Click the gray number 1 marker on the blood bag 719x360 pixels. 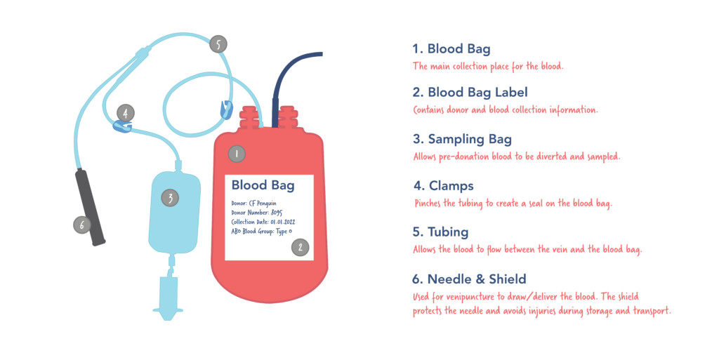(x=237, y=153)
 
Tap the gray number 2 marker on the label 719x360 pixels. (x=300, y=246)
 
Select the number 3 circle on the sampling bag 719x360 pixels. (x=169, y=198)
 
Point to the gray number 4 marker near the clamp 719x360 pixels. (x=125, y=112)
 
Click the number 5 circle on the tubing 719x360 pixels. (x=218, y=44)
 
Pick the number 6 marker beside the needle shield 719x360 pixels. (x=83, y=225)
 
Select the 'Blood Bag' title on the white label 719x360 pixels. (x=259, y=185)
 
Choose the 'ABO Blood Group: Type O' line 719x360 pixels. (x=262, y=230)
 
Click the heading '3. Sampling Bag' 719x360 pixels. (x=461, y=138)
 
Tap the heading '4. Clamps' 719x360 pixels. (x=442, y=186)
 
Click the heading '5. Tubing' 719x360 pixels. (x=440, y=232)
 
